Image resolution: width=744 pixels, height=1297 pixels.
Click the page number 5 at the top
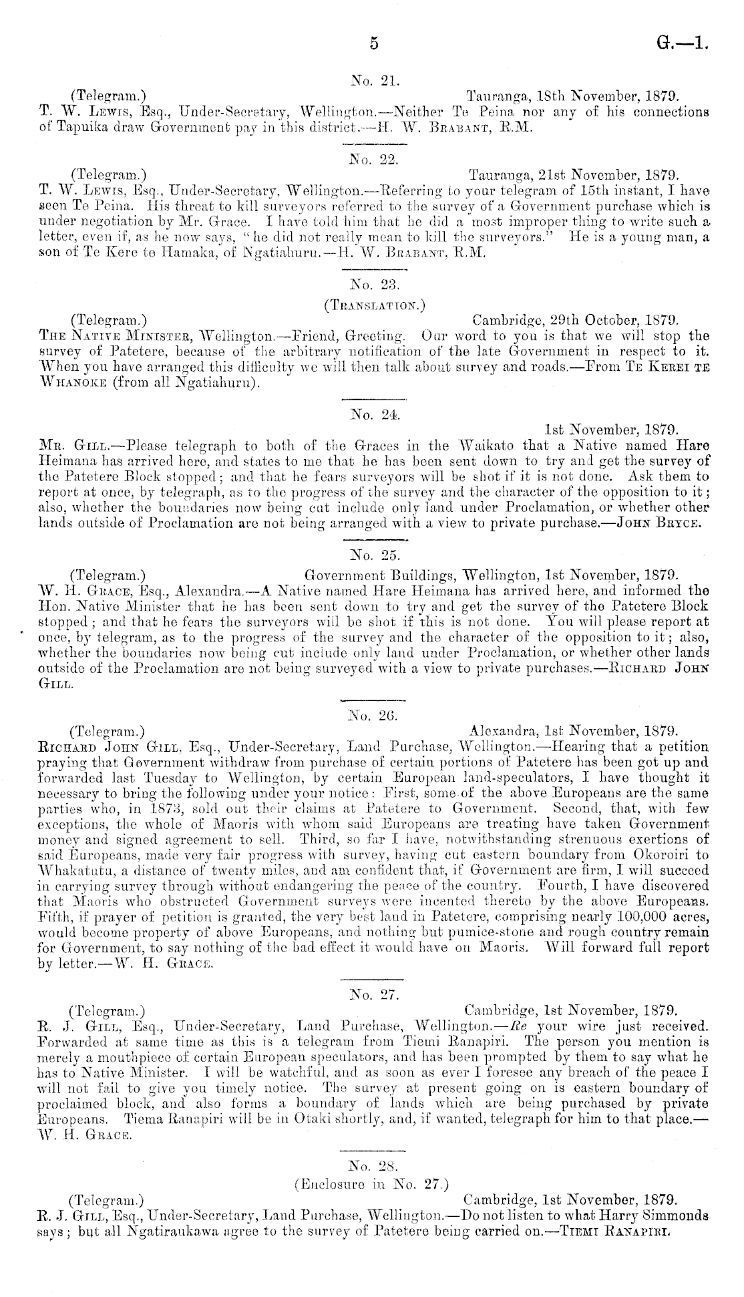coord(373,43)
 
